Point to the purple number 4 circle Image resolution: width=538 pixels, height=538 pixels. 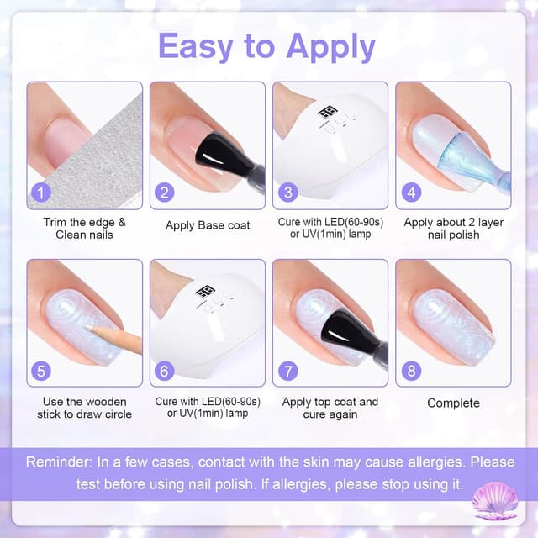[411, 193]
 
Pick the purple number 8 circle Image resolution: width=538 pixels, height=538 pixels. [411, 370]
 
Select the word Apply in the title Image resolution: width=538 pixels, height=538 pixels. [330, 48]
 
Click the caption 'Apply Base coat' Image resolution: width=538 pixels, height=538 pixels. [208, 225]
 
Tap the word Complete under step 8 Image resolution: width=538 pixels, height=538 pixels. [453, 403]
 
